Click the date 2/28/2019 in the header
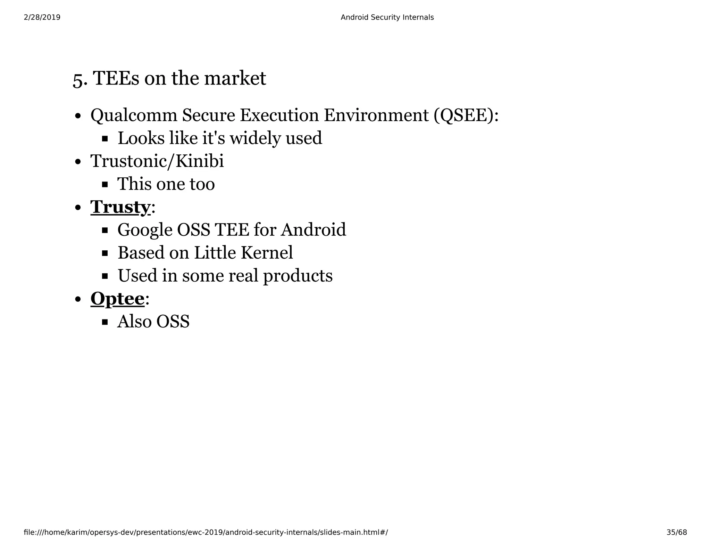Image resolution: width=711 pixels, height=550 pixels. coord(42,17)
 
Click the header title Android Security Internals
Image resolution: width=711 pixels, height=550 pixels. coord(387,17)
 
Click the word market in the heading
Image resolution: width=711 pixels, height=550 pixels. coord(235,78)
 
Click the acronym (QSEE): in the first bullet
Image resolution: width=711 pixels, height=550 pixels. coord(466,115)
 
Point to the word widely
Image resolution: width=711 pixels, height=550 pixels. coord(255,138)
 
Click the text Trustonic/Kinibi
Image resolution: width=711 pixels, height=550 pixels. coord(157,161)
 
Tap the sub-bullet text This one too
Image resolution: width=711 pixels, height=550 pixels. coord(166,184)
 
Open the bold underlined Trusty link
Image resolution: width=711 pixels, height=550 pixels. coord(120,207)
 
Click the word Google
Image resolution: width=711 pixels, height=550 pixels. coord(145,230)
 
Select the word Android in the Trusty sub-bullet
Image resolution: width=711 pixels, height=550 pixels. coord(313,230)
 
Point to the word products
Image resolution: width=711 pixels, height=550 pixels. coord(298,276)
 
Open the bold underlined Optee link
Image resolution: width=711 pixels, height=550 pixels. coord(117,299)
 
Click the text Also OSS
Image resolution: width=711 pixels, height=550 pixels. coord(153,322)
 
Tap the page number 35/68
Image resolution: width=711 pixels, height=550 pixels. coord(677,532)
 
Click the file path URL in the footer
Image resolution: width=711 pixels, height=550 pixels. coord(206,532)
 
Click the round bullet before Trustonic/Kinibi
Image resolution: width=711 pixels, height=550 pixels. coord(78,162)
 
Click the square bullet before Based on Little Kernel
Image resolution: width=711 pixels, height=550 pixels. coord(105,253)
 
